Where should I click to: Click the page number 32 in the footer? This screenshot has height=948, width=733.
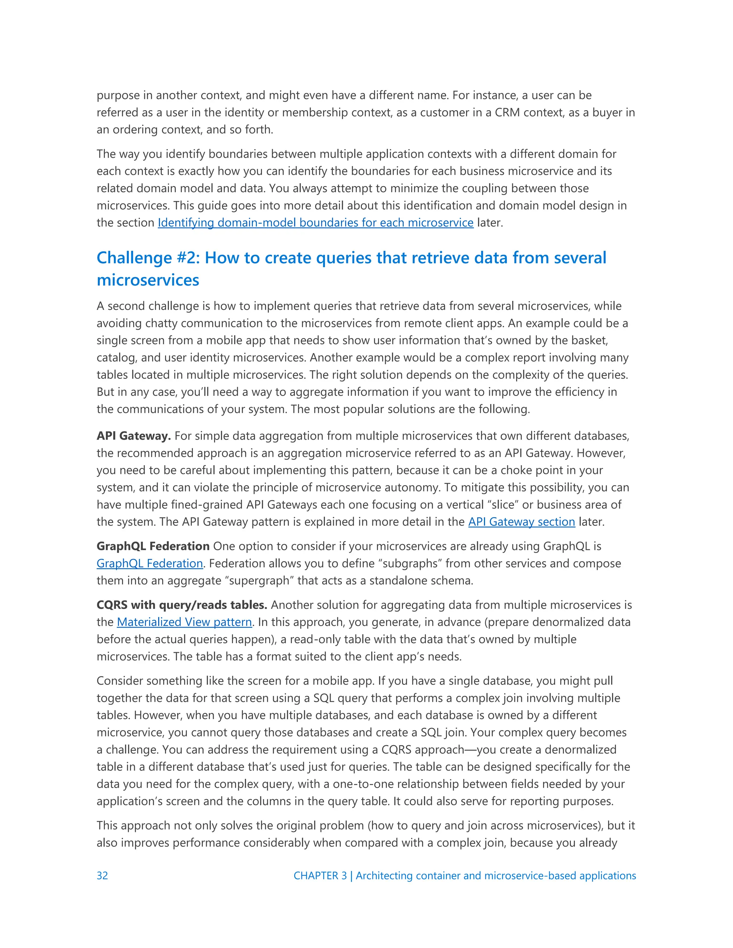102,875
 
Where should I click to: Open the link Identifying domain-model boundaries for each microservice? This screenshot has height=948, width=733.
315,223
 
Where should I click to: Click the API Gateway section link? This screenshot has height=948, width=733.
521,522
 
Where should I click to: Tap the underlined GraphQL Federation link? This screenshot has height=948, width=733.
149,563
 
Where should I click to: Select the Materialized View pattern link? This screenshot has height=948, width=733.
184,622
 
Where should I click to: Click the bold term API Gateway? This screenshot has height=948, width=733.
133,436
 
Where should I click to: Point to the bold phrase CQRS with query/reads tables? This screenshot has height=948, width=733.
181,605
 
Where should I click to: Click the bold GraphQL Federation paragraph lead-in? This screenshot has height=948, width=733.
153,546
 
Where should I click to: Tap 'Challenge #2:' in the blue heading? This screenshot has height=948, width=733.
148,258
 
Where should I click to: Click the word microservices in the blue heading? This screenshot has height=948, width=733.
148,280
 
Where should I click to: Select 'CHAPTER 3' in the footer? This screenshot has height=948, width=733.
320,875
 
